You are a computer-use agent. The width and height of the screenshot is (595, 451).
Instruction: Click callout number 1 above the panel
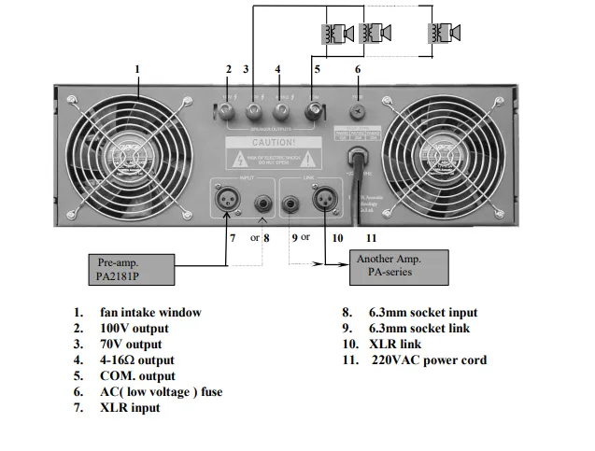pos(137,69)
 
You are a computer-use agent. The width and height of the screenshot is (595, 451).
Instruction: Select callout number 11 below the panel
pos(371,237)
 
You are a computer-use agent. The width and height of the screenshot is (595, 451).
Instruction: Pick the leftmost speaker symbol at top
pos(337,33)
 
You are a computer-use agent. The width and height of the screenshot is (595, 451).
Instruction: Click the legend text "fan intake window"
pos(150,313)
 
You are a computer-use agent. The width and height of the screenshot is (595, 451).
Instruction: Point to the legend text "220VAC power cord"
pos(430,359)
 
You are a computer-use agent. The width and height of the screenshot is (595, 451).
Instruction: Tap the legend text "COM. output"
pos(137,375)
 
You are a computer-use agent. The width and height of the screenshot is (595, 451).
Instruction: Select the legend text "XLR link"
pos(397,344)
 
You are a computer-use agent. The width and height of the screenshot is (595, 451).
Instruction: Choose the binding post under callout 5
pos(316,113)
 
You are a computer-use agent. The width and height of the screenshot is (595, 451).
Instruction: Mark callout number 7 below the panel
pos(232,237)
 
